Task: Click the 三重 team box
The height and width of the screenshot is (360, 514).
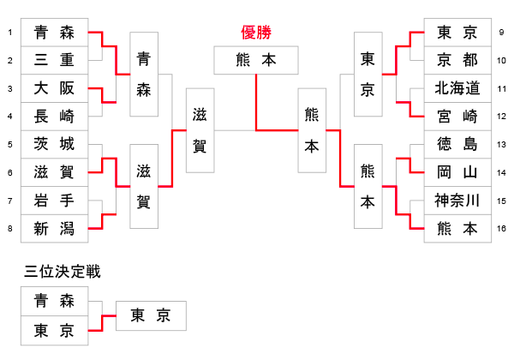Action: pyautogui.click(x=53, y=61)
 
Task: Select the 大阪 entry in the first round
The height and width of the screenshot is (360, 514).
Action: pyautogui.click(x=53, y=88)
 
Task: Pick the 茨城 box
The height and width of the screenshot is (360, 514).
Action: pyautogui.click(x=53, y=144)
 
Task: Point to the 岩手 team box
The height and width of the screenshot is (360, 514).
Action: pyautogui.click(x=53, y=201)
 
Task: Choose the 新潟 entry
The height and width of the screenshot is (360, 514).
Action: pyautogui.click(x=53, y=228)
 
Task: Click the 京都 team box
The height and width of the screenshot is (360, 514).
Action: pyautogui.click(x=457, y=61)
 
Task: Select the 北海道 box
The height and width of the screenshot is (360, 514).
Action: pyautogui.click(x=457, y=88)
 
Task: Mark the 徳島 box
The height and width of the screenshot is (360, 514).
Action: pyautogui.click(x=457, y=144)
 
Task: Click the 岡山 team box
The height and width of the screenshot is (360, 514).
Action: pyautogui.click(x=457, y=172)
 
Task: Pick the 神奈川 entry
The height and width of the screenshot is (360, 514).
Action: pyautogui.click(x=457, y=201)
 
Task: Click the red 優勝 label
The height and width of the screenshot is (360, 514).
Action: pyautogui.click(x=256, y=33)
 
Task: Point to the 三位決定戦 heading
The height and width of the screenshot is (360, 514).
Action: pyautogui.click(x=63, y=272)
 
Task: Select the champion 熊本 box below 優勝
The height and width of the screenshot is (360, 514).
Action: pyautogui.click(x=256, y=60)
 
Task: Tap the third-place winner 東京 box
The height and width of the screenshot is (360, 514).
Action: pyautogui.click(x=150, y=315)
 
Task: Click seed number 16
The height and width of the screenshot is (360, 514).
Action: pyautogui.click(x=501, y=228)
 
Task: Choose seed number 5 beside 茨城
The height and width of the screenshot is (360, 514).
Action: pyautogui.click(x=9, y=144)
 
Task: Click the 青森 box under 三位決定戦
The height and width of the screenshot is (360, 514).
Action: pyautogui.click(x=53, y=301)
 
